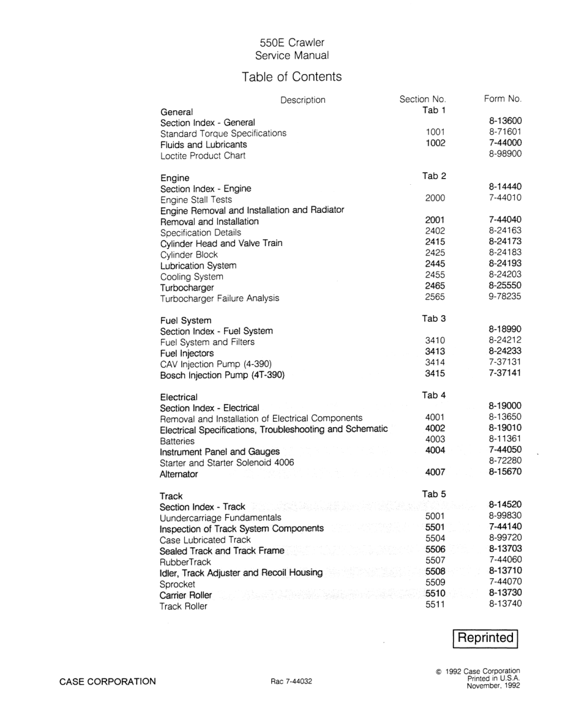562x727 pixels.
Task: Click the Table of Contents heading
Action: pyautogui.click(x=291, y=77)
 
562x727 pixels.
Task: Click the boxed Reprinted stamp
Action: pyautogui.click(x=486, y=638)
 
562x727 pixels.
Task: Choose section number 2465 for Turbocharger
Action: pyautogui.click(x=434, y=286)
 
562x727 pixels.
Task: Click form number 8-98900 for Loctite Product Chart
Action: pyautogui.click(x=505, y=155)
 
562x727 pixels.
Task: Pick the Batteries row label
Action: pyautogui.click(x=177, y=441)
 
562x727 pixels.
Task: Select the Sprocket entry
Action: pyautogui.click(x=178, y=584)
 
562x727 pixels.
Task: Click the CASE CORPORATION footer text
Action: pyautogui.click(x=107, y=681)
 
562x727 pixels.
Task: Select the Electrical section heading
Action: pyautogui.click(x=179, y=397)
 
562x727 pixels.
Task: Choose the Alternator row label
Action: pyautogui.click(x=179, y=474)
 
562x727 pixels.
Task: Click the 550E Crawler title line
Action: pyautogui.click(x=292, y=42)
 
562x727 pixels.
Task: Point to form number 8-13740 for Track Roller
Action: pyautogui.click(x=505, y=606)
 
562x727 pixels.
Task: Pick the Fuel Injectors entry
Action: pyautogui.click(x=187, y=353)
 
